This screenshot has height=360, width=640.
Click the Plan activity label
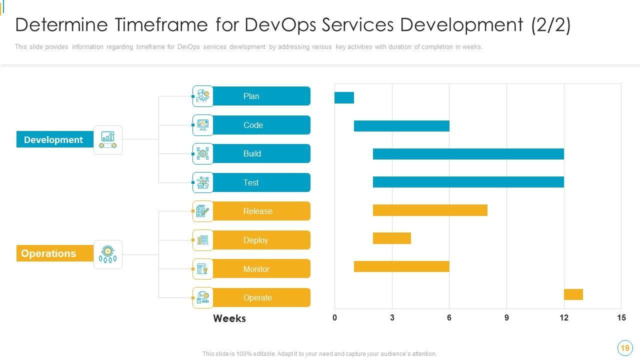point(251,96)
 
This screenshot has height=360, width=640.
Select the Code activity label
point(253,125)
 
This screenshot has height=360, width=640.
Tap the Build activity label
point(252,153)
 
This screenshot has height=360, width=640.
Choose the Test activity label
point(251,182)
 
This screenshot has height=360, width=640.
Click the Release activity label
point(258,211)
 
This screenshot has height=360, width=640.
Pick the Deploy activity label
point(255,240)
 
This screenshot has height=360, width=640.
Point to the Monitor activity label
point(256,269)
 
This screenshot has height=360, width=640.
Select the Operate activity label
point(257,297)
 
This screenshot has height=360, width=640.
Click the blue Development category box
point(54,139)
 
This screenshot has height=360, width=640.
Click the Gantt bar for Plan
point(344,97)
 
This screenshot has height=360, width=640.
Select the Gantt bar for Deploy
point(392,238)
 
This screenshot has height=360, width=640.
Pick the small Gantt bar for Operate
point(573,294)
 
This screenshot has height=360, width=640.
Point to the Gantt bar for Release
point(430,210)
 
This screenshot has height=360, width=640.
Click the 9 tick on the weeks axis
point(506,317)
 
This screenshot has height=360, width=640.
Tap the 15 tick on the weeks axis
point(621,317)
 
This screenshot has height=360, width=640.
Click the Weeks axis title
point(229,318)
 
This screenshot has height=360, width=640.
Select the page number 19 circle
point(624,348)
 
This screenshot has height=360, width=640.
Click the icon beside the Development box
point(108,139)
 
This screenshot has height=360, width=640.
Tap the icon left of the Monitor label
point(202,269)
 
